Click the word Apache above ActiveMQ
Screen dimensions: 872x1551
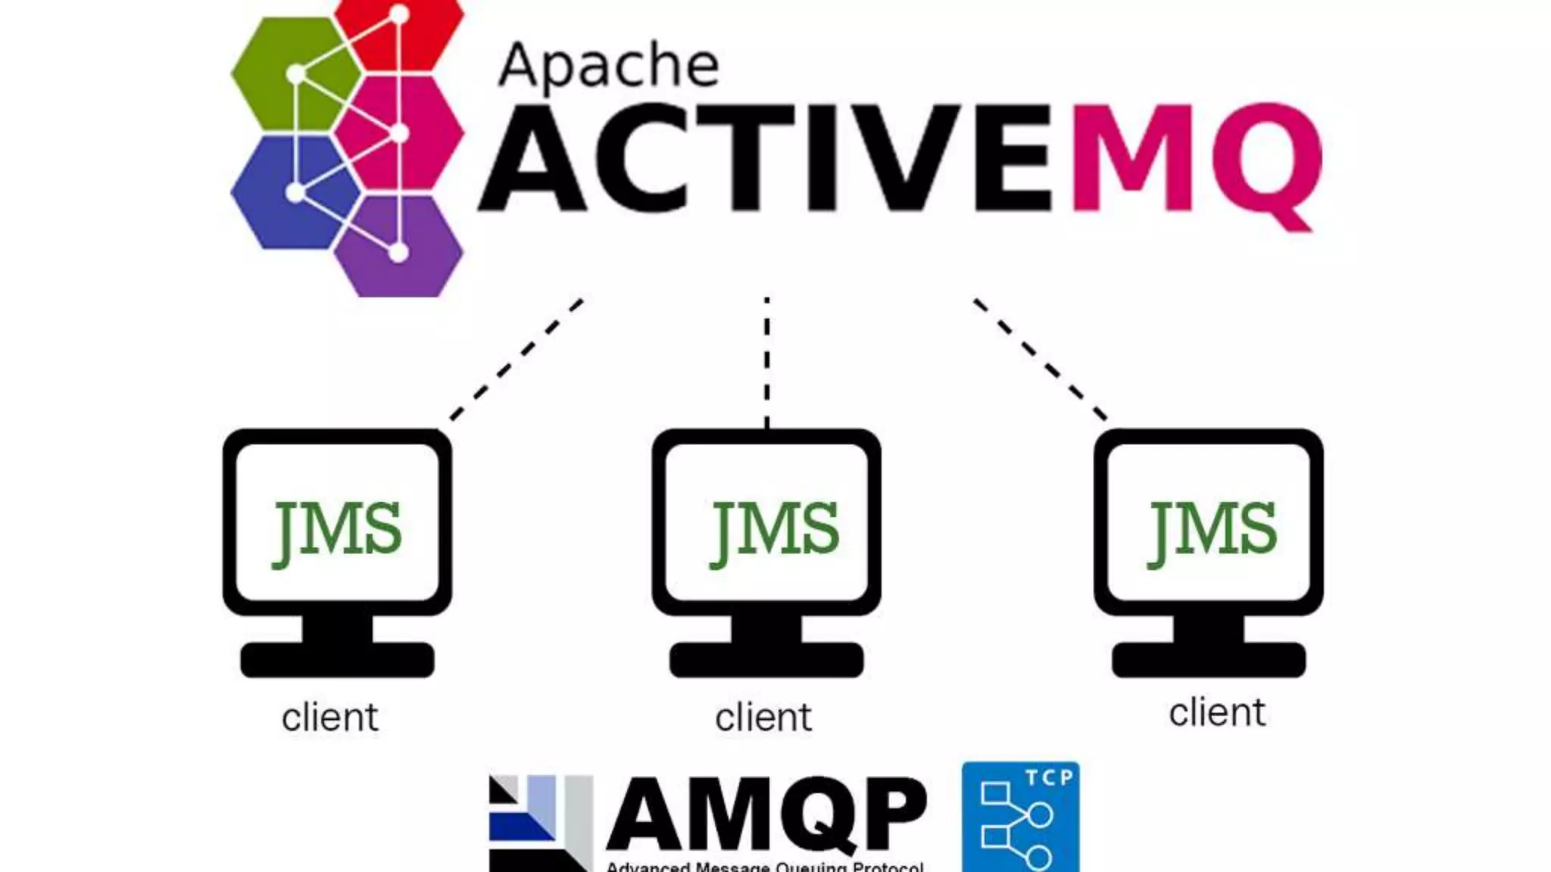click(x=608, y=67)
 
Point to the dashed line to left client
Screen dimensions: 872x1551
click(x=516, y=360)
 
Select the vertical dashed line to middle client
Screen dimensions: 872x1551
click(x=767, y=362)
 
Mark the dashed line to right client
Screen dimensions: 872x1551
click(x=1040, y=359)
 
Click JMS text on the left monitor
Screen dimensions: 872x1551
click(x=337, y=530)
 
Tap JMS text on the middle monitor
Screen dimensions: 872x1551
click(x=774, y=530)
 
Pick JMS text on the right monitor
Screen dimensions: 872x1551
click(x=1212, y=530)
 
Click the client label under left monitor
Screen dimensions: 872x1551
click(x=329, y=717)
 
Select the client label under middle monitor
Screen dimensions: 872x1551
click(x=763, y=717)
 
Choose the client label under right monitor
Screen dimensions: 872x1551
click(x=1217, y=712)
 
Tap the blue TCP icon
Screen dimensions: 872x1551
click(x=1020, y=817)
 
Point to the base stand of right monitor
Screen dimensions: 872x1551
click(x=1209, y=659)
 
